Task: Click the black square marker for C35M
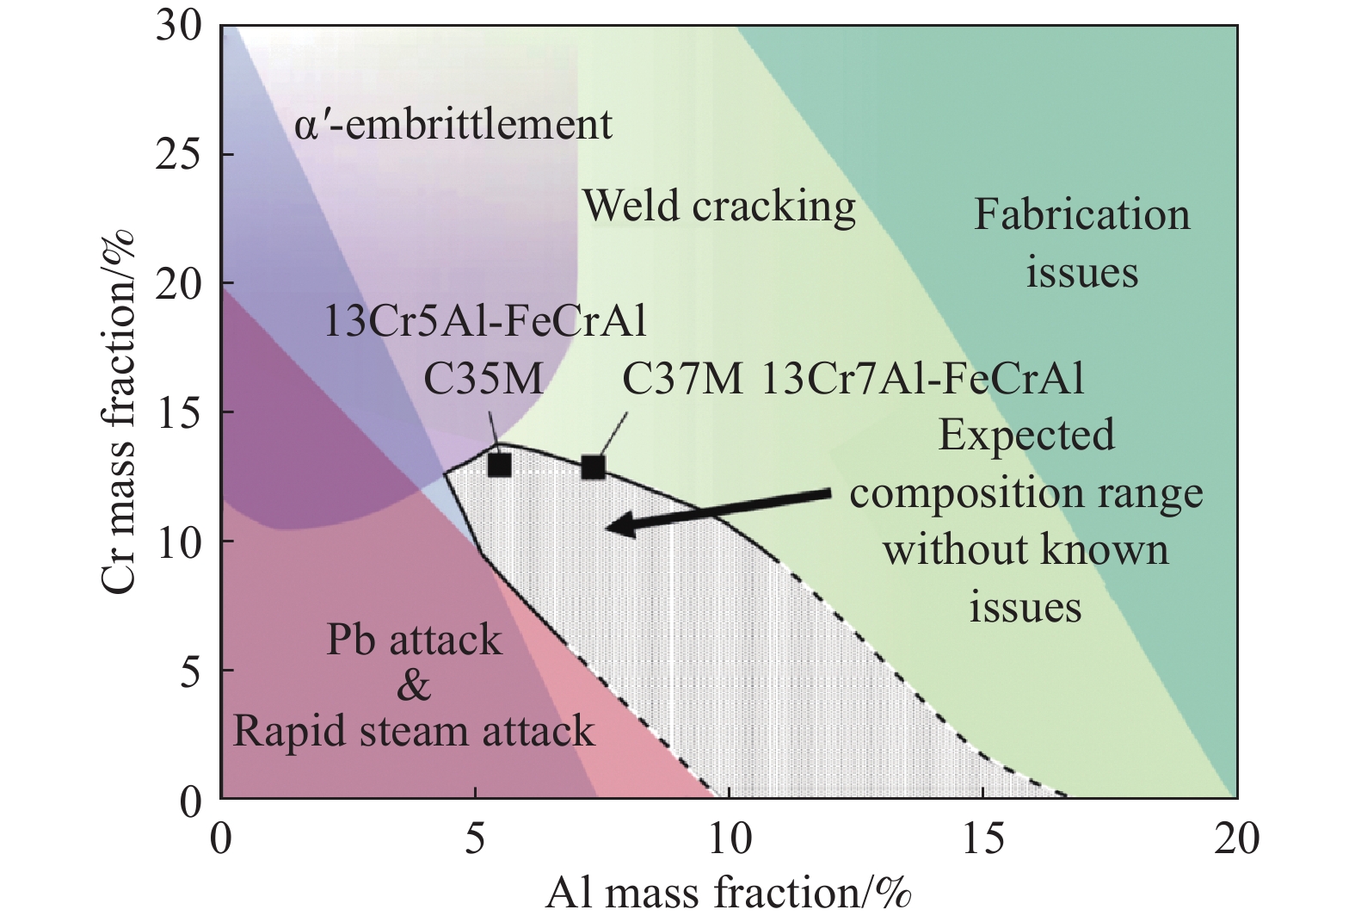[x=500, y=466]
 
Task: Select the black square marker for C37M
[x=594, y=467]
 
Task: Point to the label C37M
[x=682, y=379]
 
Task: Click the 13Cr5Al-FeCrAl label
[x=486, y=321]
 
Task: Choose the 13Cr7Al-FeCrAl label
[x=922, y=379]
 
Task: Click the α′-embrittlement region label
[x=453, y=124]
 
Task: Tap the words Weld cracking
[x=719, y=207]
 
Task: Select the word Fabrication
[x=1081, y=215]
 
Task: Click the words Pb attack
[x=415, y=640]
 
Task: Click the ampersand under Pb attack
[x=415, y=686]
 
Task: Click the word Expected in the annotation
[x=1026, y=436]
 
